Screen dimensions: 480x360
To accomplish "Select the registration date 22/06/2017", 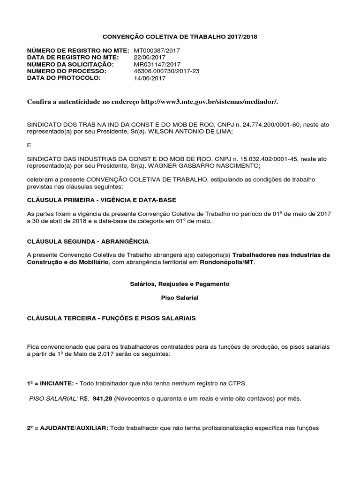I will (149, 57).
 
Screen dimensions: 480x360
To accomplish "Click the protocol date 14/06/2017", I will (150, 78).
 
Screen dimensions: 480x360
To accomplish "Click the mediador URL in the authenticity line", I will (212, 102).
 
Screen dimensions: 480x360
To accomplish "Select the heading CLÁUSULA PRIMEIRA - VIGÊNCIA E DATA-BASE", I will (102, 200).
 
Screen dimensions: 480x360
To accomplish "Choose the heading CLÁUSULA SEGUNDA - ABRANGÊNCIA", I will (88, 241).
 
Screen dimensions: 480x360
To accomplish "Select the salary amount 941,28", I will (103, 398).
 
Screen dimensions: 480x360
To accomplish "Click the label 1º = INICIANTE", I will (52, 383).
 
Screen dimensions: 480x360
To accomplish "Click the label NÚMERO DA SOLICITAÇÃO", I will (70, 64).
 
